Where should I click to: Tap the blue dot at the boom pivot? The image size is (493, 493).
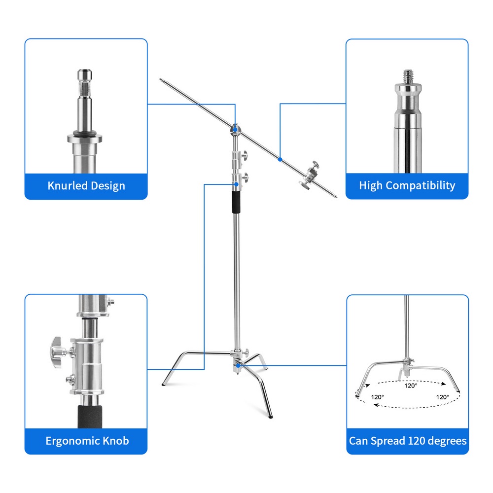point(236,129)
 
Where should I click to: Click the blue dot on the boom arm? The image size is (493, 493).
point(280,159)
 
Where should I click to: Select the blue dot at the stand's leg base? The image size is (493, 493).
point(238,366)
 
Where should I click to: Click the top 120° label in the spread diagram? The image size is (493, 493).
point(411,386)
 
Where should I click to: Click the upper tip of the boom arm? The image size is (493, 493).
point(161,79)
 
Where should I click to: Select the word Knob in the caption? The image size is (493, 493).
point(116,440)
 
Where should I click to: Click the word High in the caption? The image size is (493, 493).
point(371,186)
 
